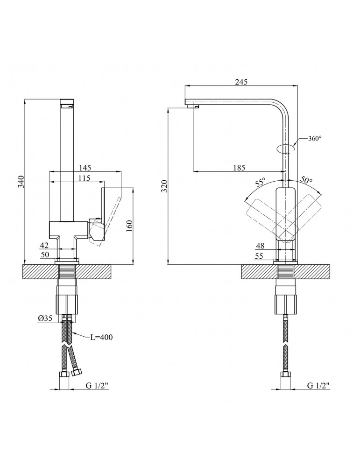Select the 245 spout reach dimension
tap(241, 82)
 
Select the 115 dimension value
tap(84, 178)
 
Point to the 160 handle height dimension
tap(130, 226)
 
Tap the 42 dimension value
tap(44, 245)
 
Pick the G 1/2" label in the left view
tap(97, 386)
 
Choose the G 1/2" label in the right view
tap(319, 386)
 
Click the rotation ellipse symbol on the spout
tap(285, 149)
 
